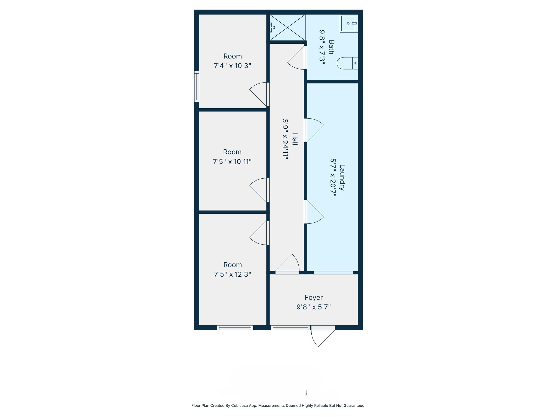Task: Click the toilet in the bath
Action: point(347,63)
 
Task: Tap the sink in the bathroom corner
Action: point(348,23)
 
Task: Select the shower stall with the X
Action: point(287,27)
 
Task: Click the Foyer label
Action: point(314,298)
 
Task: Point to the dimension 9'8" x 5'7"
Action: point(314,307)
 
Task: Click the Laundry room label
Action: point(342,177)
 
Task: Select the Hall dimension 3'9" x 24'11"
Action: point(285,139)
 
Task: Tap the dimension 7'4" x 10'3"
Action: point(232,66)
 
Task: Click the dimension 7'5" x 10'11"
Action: point(232,162)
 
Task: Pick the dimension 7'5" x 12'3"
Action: point(232,274)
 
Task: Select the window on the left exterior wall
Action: point(196,86)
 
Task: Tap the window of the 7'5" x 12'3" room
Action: point(235,328)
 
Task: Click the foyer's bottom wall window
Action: point(290,328)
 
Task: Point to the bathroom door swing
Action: point(297,58)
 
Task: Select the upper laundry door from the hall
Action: point(314,130)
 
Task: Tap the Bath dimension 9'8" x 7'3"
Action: point(322,47)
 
